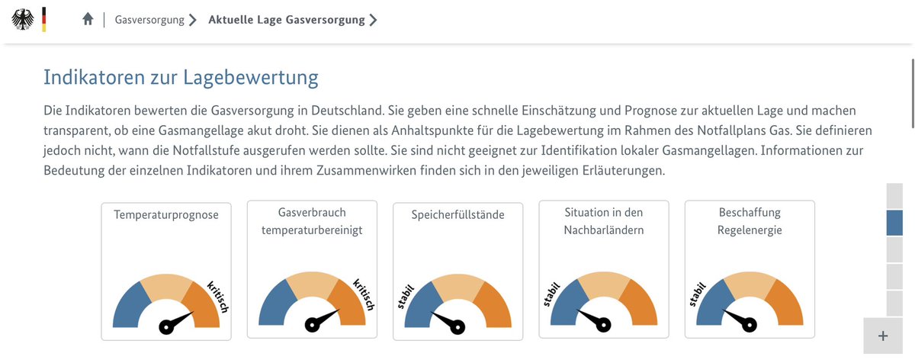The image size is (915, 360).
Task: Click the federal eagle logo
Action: pyautogui.click(x=23, y=19)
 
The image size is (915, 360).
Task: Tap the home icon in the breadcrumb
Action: pyautogui.click(x=88, y=20)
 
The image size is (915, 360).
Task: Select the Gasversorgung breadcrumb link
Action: pyautogui.click(x=149, y=20)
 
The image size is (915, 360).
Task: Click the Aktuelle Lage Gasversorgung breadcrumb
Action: pyautogui.click(x=287, y=20)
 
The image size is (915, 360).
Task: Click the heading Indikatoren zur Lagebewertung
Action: pyautogui.click(x=181, y=78)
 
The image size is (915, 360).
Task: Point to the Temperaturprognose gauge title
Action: pyautogui.click(x=166, y=215)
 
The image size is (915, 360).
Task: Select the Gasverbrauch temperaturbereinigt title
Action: pyautogui.click(x=312, y=221)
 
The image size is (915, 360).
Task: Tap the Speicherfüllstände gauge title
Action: pyautogui.click(x=458, y=215)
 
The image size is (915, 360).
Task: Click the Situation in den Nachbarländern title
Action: pyautogui.click(x=604, y=221)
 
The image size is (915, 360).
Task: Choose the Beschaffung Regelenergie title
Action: pyautogui.click(x=750, y=221)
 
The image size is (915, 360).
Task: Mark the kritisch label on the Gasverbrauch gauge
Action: pyautogui.click(x=364, y=294)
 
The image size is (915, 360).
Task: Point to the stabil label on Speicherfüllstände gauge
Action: pyautogui.click(x=404, y=296)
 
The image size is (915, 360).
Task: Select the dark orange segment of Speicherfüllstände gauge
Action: pyautogui.click(x=491, y=305)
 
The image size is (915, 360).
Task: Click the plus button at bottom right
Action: pyautogui.click(x=883, y=336)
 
